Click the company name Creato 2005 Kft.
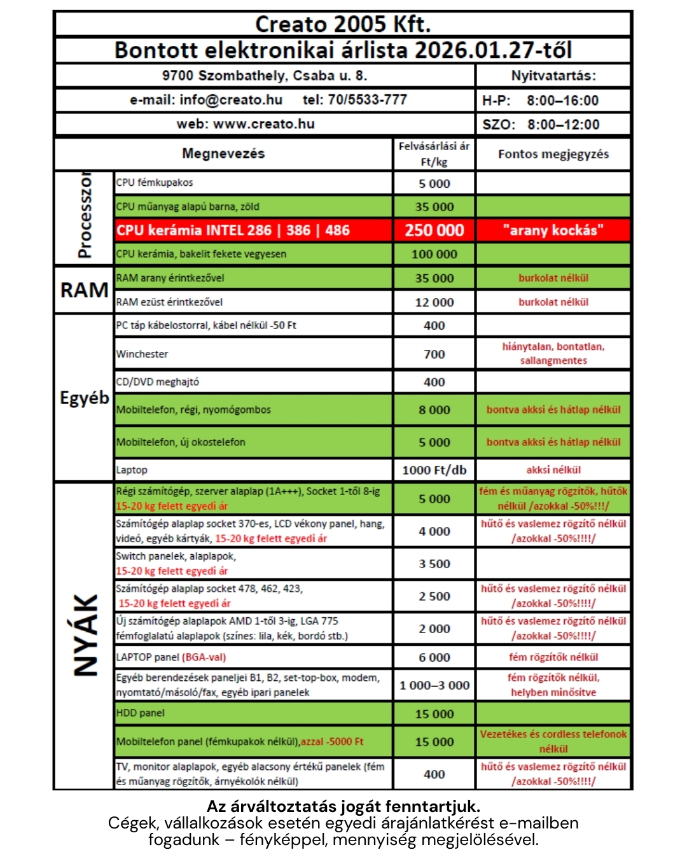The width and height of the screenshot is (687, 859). coord(343,24)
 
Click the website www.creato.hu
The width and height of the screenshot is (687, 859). coord(263,124)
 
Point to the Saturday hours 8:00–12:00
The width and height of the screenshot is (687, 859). coord(563,125)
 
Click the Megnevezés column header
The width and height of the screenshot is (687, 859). coord(223,153)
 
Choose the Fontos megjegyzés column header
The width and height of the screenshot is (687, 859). coord(553,154)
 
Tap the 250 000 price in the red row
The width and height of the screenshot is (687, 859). coord(434,230)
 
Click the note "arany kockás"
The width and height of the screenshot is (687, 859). coord(553,230)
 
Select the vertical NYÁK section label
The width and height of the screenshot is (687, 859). coord(85,634)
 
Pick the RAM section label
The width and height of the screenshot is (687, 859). coord(84,290)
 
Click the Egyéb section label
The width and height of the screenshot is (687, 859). coord(84,398)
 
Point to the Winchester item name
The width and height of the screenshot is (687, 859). coord(142,354)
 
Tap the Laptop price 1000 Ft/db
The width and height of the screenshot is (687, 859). coord(434,470)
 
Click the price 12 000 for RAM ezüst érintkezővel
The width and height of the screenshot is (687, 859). coord(434,302)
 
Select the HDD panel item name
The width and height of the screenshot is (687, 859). coord(140,713)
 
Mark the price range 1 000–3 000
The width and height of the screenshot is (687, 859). coord(434,685)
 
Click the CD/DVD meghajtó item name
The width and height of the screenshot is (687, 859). coord(157,382)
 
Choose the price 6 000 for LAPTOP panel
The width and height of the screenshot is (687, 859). coord(434,657)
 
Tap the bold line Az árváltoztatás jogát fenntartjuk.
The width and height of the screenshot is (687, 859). coord(343,807)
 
